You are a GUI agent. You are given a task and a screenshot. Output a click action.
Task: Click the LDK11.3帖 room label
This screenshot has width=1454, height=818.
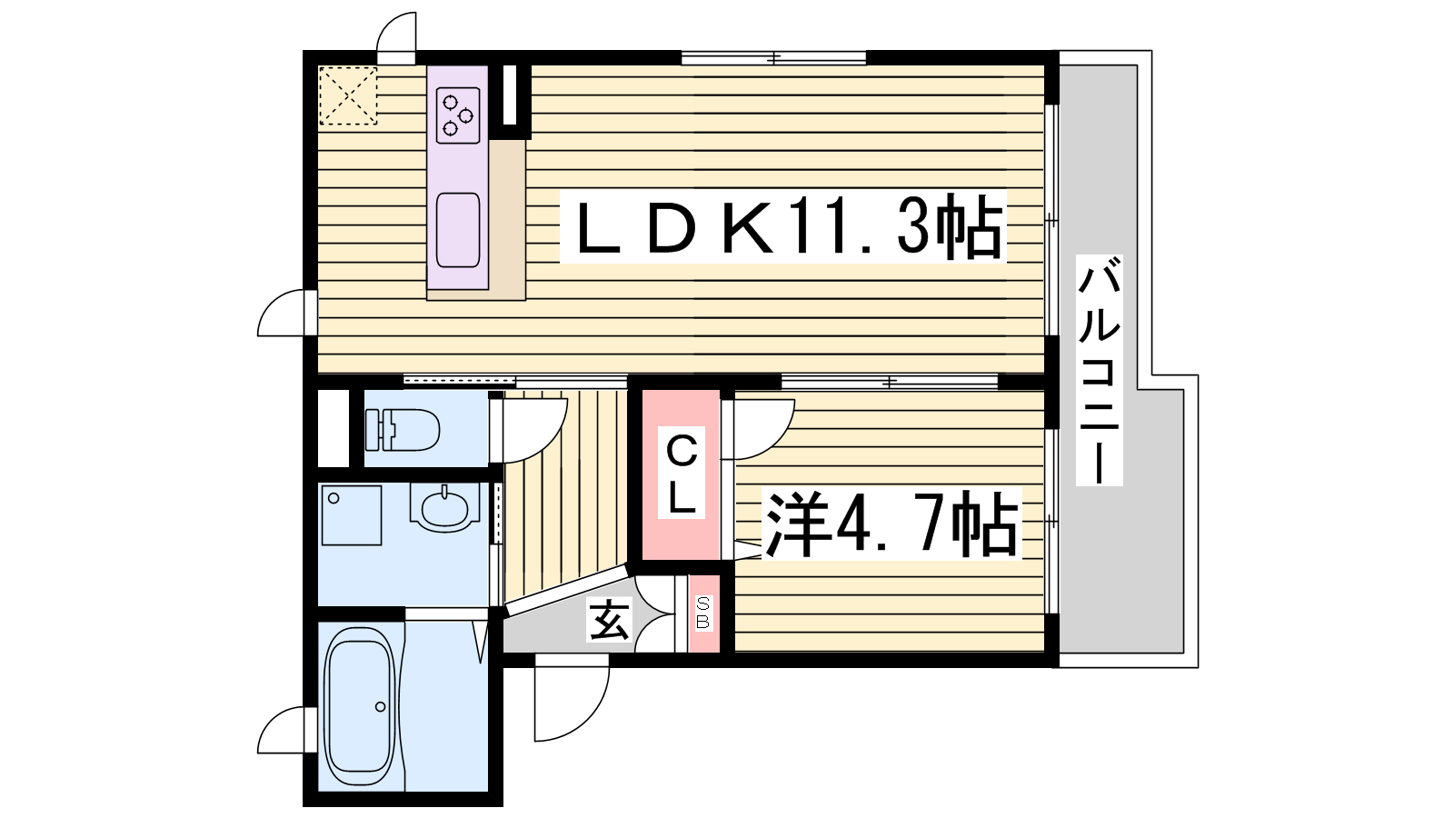click(782, 226)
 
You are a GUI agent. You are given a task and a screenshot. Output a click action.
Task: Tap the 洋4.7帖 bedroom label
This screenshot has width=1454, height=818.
click(891, 524)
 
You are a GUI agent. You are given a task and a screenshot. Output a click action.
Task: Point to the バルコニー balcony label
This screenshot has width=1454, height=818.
click(1099, 370)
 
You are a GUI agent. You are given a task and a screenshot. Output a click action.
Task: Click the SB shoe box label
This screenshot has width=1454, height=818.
click(703, 613)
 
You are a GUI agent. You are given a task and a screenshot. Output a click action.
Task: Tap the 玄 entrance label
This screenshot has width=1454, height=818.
click(609, 619)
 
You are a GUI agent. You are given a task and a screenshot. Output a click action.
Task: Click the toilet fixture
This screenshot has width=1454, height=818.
click(403, 429)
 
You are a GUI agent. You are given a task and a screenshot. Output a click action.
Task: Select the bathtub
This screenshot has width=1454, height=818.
click(359, 708)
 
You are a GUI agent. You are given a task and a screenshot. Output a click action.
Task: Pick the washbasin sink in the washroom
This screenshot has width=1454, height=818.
click(444, 509)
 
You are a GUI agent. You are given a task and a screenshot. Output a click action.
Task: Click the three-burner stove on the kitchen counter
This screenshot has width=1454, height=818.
click(458, 115)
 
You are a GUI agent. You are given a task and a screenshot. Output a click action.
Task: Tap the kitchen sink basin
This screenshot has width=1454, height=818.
click(458, 230)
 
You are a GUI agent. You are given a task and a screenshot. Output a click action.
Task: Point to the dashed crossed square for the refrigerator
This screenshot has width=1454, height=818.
click(348, 95)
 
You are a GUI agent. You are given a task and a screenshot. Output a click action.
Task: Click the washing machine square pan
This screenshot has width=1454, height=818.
click(351, 515)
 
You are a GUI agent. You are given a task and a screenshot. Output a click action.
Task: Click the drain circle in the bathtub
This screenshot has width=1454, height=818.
click(380, 707)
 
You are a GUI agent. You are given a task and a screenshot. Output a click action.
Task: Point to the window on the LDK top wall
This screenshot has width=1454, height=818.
click(773, 58)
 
